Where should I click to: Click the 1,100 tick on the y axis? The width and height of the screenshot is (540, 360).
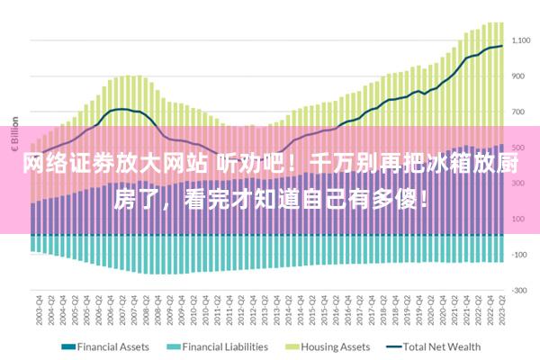pyautogui.click(x=521, y=40)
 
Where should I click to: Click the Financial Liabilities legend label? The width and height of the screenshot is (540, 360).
pyautogui.click(x=225, y=346)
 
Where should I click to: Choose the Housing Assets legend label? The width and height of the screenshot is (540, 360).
pyautogui.click(x=335, y=346)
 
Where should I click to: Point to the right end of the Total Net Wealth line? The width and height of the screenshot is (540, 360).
pyautogui.click(x=502, y=46)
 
